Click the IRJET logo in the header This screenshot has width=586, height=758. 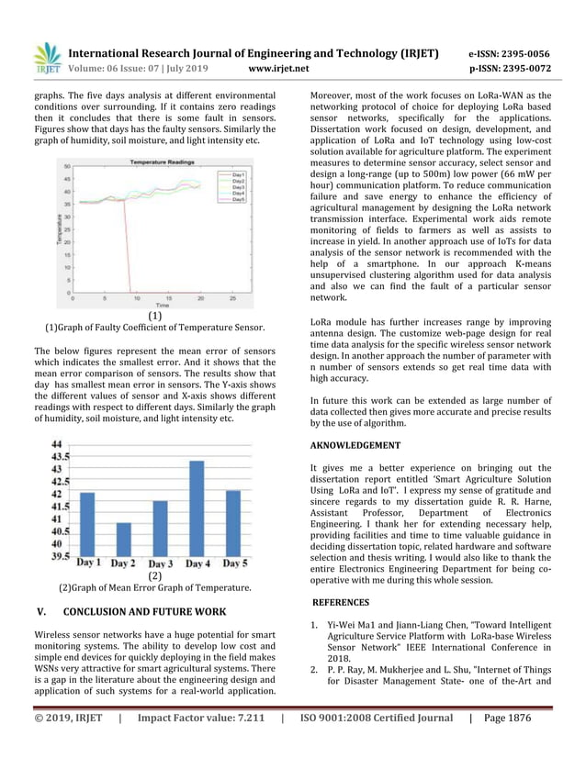(x=47, y=57)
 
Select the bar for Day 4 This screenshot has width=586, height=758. (x=197, y=507)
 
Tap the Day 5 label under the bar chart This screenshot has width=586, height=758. (x=234, y=563)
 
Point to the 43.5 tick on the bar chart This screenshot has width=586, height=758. (x=57, y=455)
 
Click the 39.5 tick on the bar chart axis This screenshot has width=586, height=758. (x=57, y=555)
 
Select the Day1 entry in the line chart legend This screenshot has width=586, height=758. (x=237, y=173)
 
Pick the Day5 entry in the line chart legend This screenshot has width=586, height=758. (x=237, y=199)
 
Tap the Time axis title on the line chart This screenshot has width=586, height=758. (x=162, y=305)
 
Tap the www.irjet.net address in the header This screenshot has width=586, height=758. (x=279, y=68)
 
